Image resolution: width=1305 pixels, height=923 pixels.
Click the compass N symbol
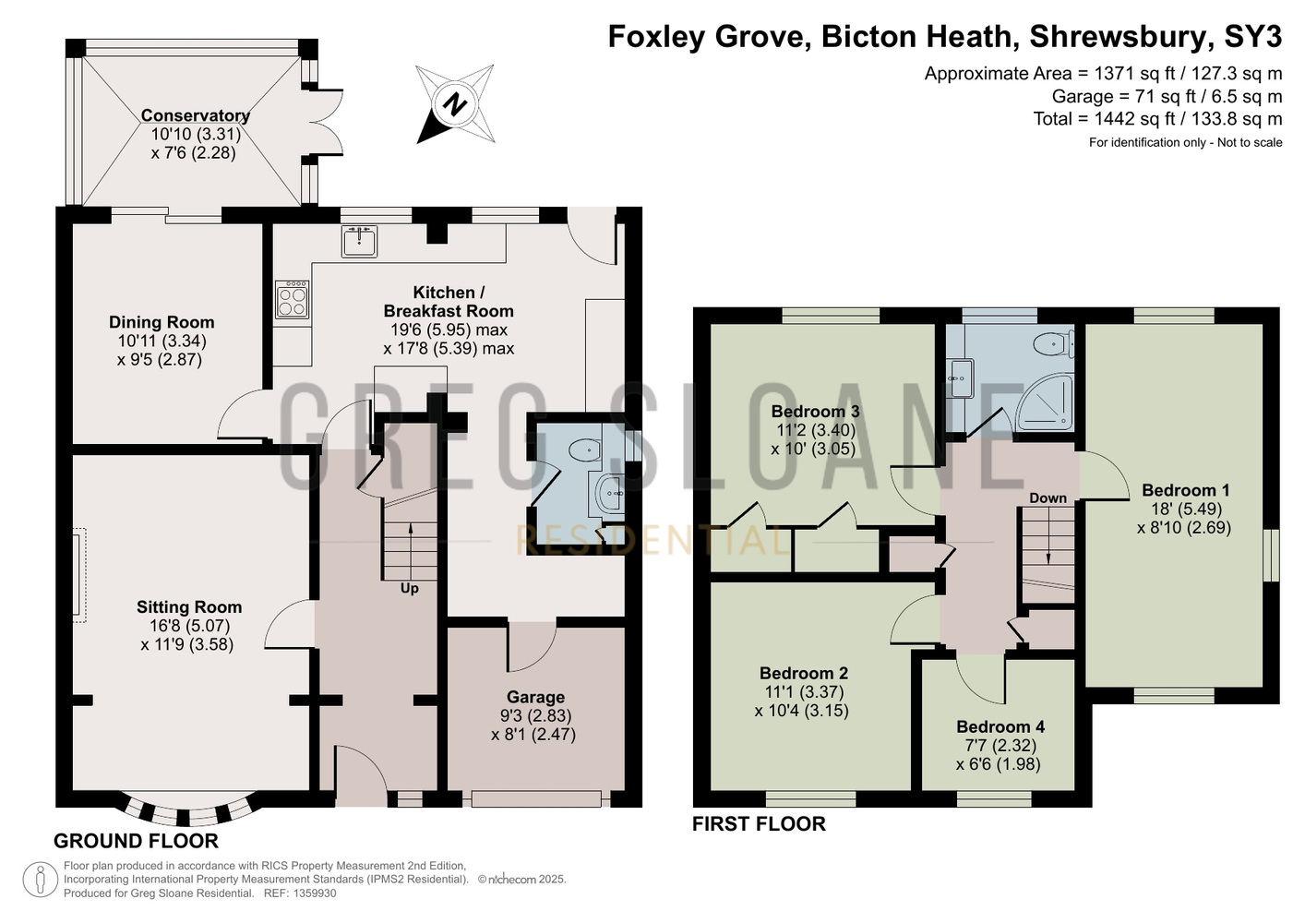455,104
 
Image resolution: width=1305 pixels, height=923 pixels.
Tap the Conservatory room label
196,115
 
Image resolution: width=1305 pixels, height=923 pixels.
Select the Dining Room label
162,322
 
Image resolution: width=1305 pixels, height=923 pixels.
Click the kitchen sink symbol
359,242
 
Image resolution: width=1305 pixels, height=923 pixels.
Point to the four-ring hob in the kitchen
292,299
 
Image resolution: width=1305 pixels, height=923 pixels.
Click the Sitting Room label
189,607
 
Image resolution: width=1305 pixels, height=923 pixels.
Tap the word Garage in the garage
535,697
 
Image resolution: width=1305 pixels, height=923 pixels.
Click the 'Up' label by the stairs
410,589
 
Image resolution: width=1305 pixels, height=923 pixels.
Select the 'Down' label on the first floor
1048,498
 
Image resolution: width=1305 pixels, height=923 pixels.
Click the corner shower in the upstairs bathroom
1044,402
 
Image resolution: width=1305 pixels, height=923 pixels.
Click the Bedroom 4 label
1000,726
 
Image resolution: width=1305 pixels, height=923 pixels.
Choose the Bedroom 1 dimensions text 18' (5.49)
1186,509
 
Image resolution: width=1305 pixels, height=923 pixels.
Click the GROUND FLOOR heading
137,841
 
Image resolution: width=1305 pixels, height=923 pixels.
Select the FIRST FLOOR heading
760,824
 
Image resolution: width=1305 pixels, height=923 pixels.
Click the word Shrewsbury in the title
1118,36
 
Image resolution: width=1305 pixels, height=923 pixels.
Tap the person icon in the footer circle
41,881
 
